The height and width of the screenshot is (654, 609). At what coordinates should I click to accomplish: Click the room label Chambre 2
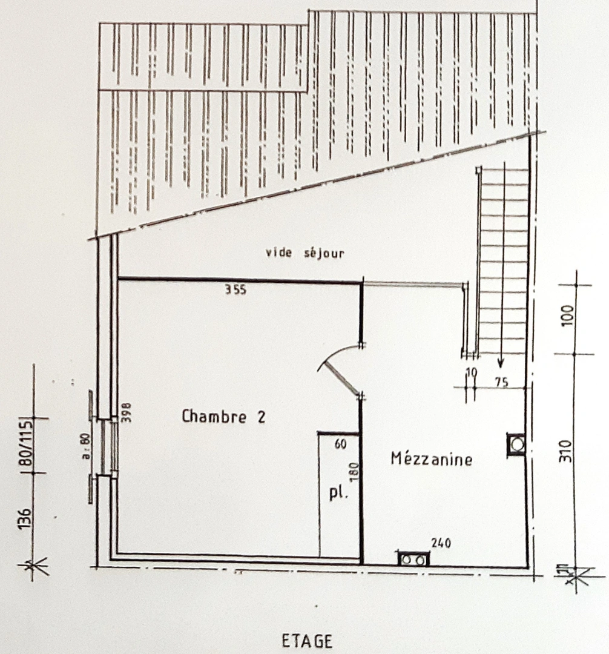pos(223,417)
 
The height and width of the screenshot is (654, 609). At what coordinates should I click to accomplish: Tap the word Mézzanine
pos(431,458)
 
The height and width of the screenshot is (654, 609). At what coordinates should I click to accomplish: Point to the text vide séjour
pos(304,253)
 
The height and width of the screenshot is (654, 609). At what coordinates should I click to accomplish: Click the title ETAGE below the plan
pos(307,641)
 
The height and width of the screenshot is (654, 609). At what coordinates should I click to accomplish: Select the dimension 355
pos(235,290)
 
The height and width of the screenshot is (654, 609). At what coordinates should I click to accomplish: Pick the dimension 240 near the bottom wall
pos(441,543)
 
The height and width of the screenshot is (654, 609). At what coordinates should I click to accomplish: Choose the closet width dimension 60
pos(340,444)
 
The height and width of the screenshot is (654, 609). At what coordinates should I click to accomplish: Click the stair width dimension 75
pos(500,381)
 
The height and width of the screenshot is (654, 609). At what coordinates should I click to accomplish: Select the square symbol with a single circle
pos(516,444)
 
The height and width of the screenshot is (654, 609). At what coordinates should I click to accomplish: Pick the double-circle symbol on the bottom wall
pos(413,560)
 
